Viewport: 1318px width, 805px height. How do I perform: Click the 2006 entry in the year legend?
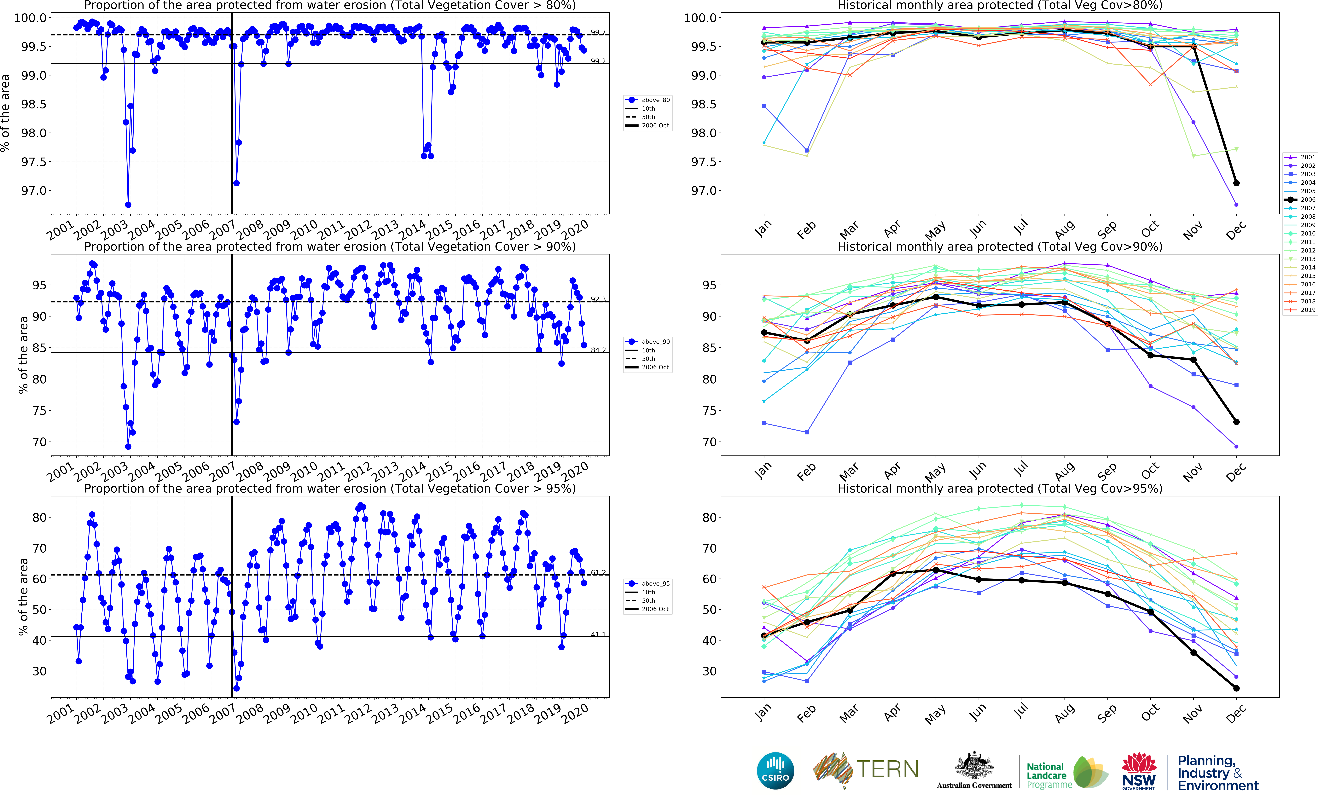pyautogui.click(x=1300, y=200)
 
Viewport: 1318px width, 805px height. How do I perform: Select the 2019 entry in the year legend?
pyautogui.click(x=1300, y=310)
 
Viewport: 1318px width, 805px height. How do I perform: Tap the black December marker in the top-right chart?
pyautogui.click(x=1236, y=183)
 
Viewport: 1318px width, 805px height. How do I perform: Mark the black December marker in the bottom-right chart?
pyautogui.click(x=1236, y=688)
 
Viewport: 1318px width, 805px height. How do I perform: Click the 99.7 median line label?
pyautogui.click(x=598, y=33)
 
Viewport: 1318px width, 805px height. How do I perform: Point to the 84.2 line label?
pyautogui.click(x=598, y=350)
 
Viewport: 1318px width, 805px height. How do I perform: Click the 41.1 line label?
pyautogui.click(x=598, y=634)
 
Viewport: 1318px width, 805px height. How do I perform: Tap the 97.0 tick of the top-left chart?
pyautogui.click(x=33, y=191)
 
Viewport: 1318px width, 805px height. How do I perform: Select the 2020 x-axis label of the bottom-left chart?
pyautogui.click(x=575, y=713)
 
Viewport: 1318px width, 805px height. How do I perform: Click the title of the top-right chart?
pyautogui.click(x=999, y=5)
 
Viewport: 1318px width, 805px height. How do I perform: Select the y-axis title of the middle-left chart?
pyautogui.click(x=23, y=355)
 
